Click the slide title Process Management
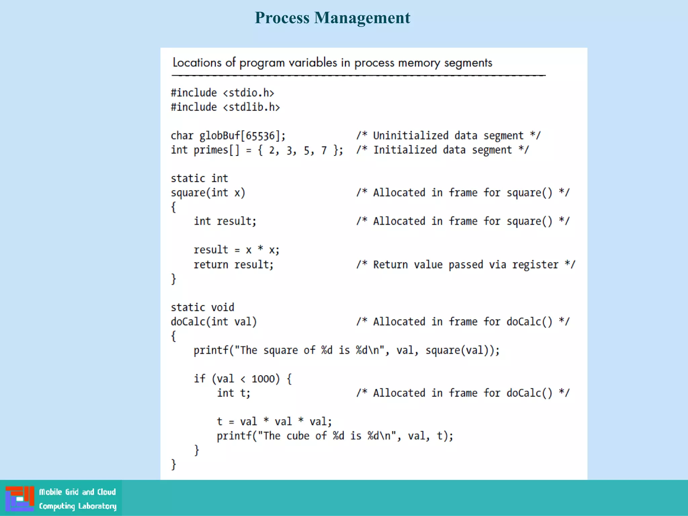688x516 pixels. point(332,18)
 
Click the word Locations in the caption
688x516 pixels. point(197,63)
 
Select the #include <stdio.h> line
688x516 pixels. point(222,93)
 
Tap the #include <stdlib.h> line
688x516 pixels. point(225,107)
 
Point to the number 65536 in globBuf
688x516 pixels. point(260,136)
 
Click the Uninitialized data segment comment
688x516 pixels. point(448,136)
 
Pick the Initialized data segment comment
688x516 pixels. point(442,150)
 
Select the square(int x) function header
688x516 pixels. point(208,193)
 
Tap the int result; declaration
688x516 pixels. point(225,221)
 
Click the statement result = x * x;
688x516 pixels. point(236,250)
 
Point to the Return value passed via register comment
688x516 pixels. point(466,265)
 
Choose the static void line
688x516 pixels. point(202,307)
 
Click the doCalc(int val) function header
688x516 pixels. point(214,322)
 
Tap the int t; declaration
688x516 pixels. point(233,393)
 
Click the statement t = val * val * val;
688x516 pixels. point(274,422)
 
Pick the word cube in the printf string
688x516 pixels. point(298,436)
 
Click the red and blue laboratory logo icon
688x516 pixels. point(20,499)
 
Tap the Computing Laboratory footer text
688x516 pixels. point(78,506)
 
